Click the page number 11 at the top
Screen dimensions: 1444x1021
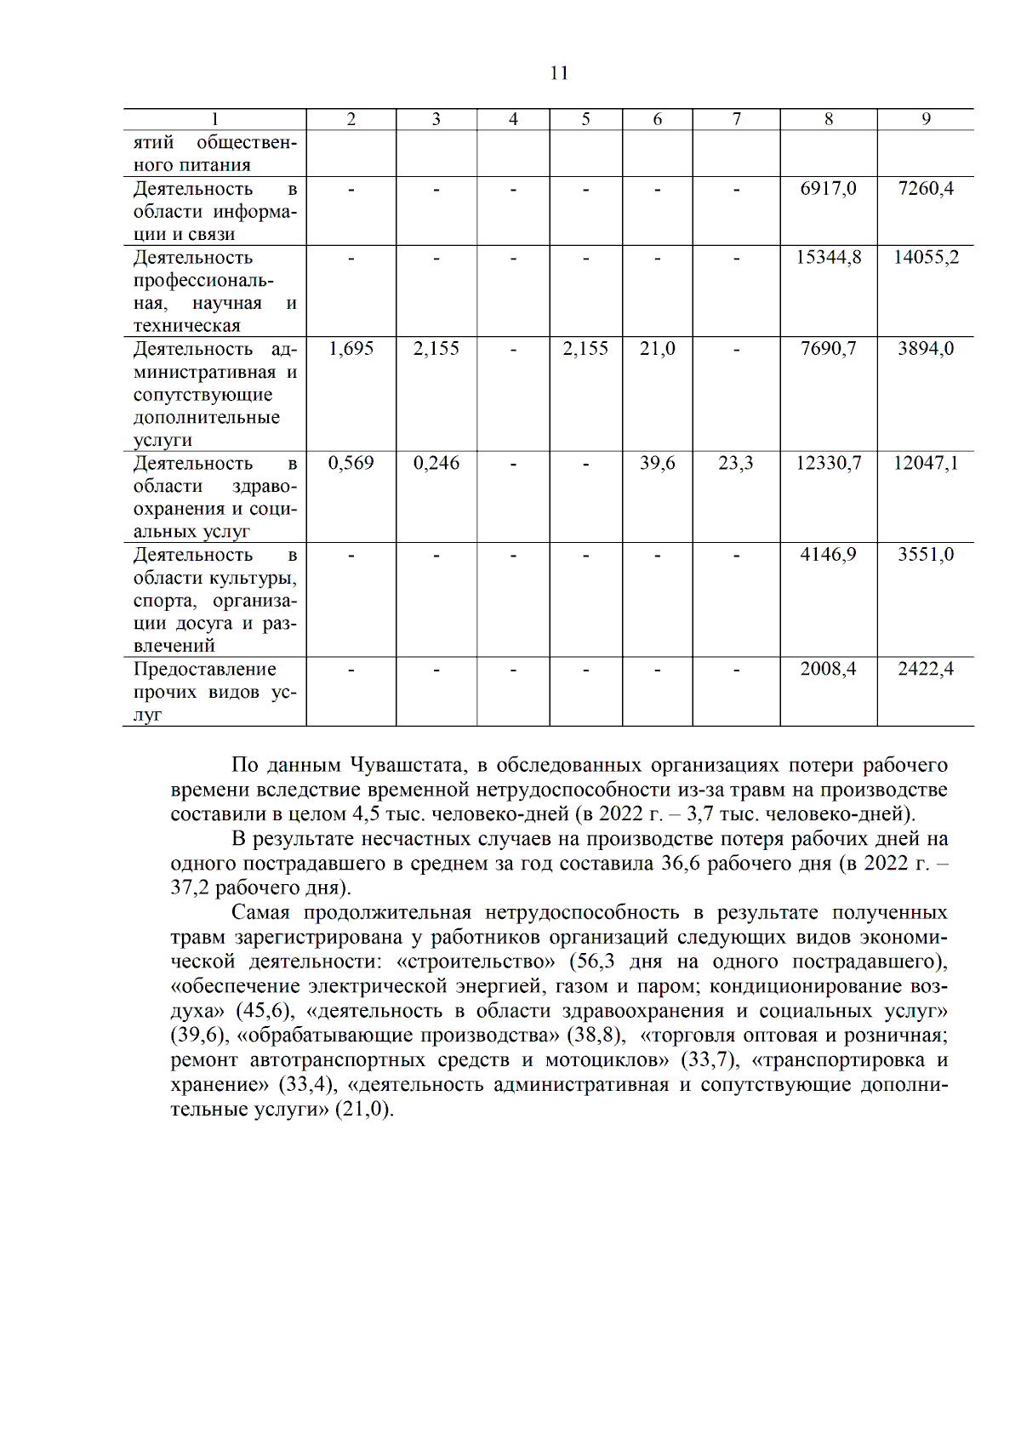click(559, 73)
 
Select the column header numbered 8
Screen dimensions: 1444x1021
click(829, 120)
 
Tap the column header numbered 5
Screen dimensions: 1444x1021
click(585, 120)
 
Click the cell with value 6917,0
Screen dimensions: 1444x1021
click(828, 189)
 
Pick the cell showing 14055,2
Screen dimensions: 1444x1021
click(926, 258)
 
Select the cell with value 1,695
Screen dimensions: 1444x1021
click(351, 349)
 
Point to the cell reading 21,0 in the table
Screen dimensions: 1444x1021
click(657, 349)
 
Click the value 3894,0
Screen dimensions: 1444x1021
click(926, 349)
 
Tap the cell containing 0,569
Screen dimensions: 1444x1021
click(351, 464)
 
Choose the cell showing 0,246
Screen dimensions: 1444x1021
click(436, 464)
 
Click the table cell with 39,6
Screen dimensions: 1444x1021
click(657, 464)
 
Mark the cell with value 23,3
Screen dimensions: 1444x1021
click(736, 464)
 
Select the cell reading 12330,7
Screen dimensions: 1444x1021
click(828, 464)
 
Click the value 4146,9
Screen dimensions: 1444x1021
click(828, 555)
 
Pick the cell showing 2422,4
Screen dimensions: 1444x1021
click(926, 670)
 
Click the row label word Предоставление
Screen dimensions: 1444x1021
click(204, 670)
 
